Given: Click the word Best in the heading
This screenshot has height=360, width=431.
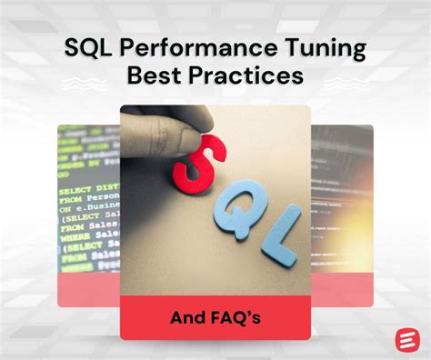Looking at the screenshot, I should [x=159, y=76].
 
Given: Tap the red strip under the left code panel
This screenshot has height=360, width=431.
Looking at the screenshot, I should [x=88, y=291].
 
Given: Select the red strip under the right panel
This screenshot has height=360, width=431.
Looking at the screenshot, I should [x=342, y=291].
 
